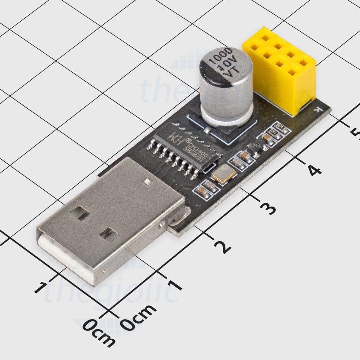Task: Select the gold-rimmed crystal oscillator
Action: (224, 175)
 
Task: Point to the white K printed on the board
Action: (317, 109)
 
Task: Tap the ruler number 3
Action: (268, 208)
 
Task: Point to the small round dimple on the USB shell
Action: (147, 182)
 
